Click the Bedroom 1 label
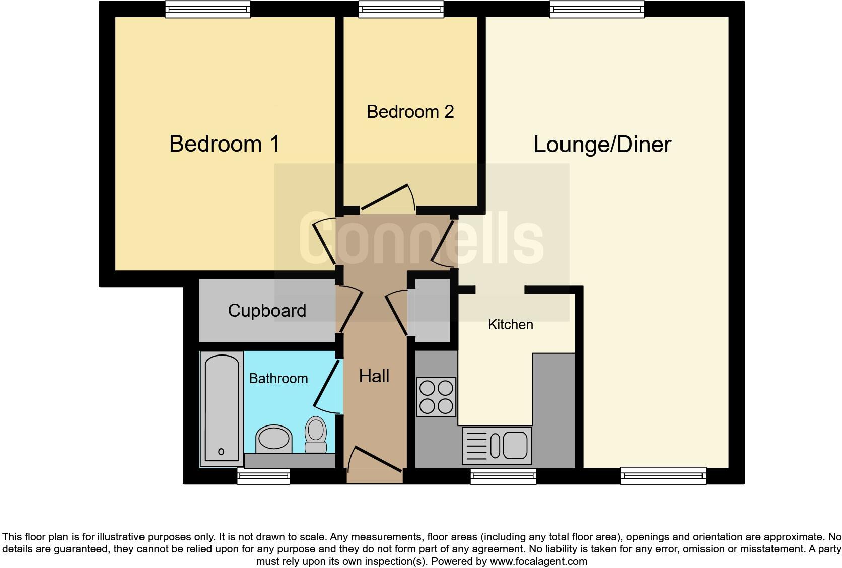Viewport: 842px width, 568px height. pos(224,144)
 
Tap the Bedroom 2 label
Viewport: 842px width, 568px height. pos(410,112)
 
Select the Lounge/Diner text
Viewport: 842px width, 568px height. pos(602,145)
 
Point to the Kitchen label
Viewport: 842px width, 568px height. pos(510,325)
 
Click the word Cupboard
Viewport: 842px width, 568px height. pos(266,311)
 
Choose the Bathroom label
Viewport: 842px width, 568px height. pos(278,379)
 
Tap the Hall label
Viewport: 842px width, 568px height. pos(374,376)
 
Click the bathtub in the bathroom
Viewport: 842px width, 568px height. pos(222,408)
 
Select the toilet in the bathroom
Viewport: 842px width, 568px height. pos(316,435)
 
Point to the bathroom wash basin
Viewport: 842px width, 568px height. pos(274,438)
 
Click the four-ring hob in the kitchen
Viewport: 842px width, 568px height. pos(436,397)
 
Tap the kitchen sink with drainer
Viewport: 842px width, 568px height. pos(497,446)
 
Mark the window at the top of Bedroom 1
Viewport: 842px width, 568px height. pos(208,9)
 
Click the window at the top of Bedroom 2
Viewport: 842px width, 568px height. pos(401,9)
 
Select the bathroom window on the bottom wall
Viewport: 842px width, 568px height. pos(263,476)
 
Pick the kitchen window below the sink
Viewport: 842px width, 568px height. pos(503,476)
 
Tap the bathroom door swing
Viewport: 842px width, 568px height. pos(326,385)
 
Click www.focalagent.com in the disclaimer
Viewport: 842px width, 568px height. pos(538,561)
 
